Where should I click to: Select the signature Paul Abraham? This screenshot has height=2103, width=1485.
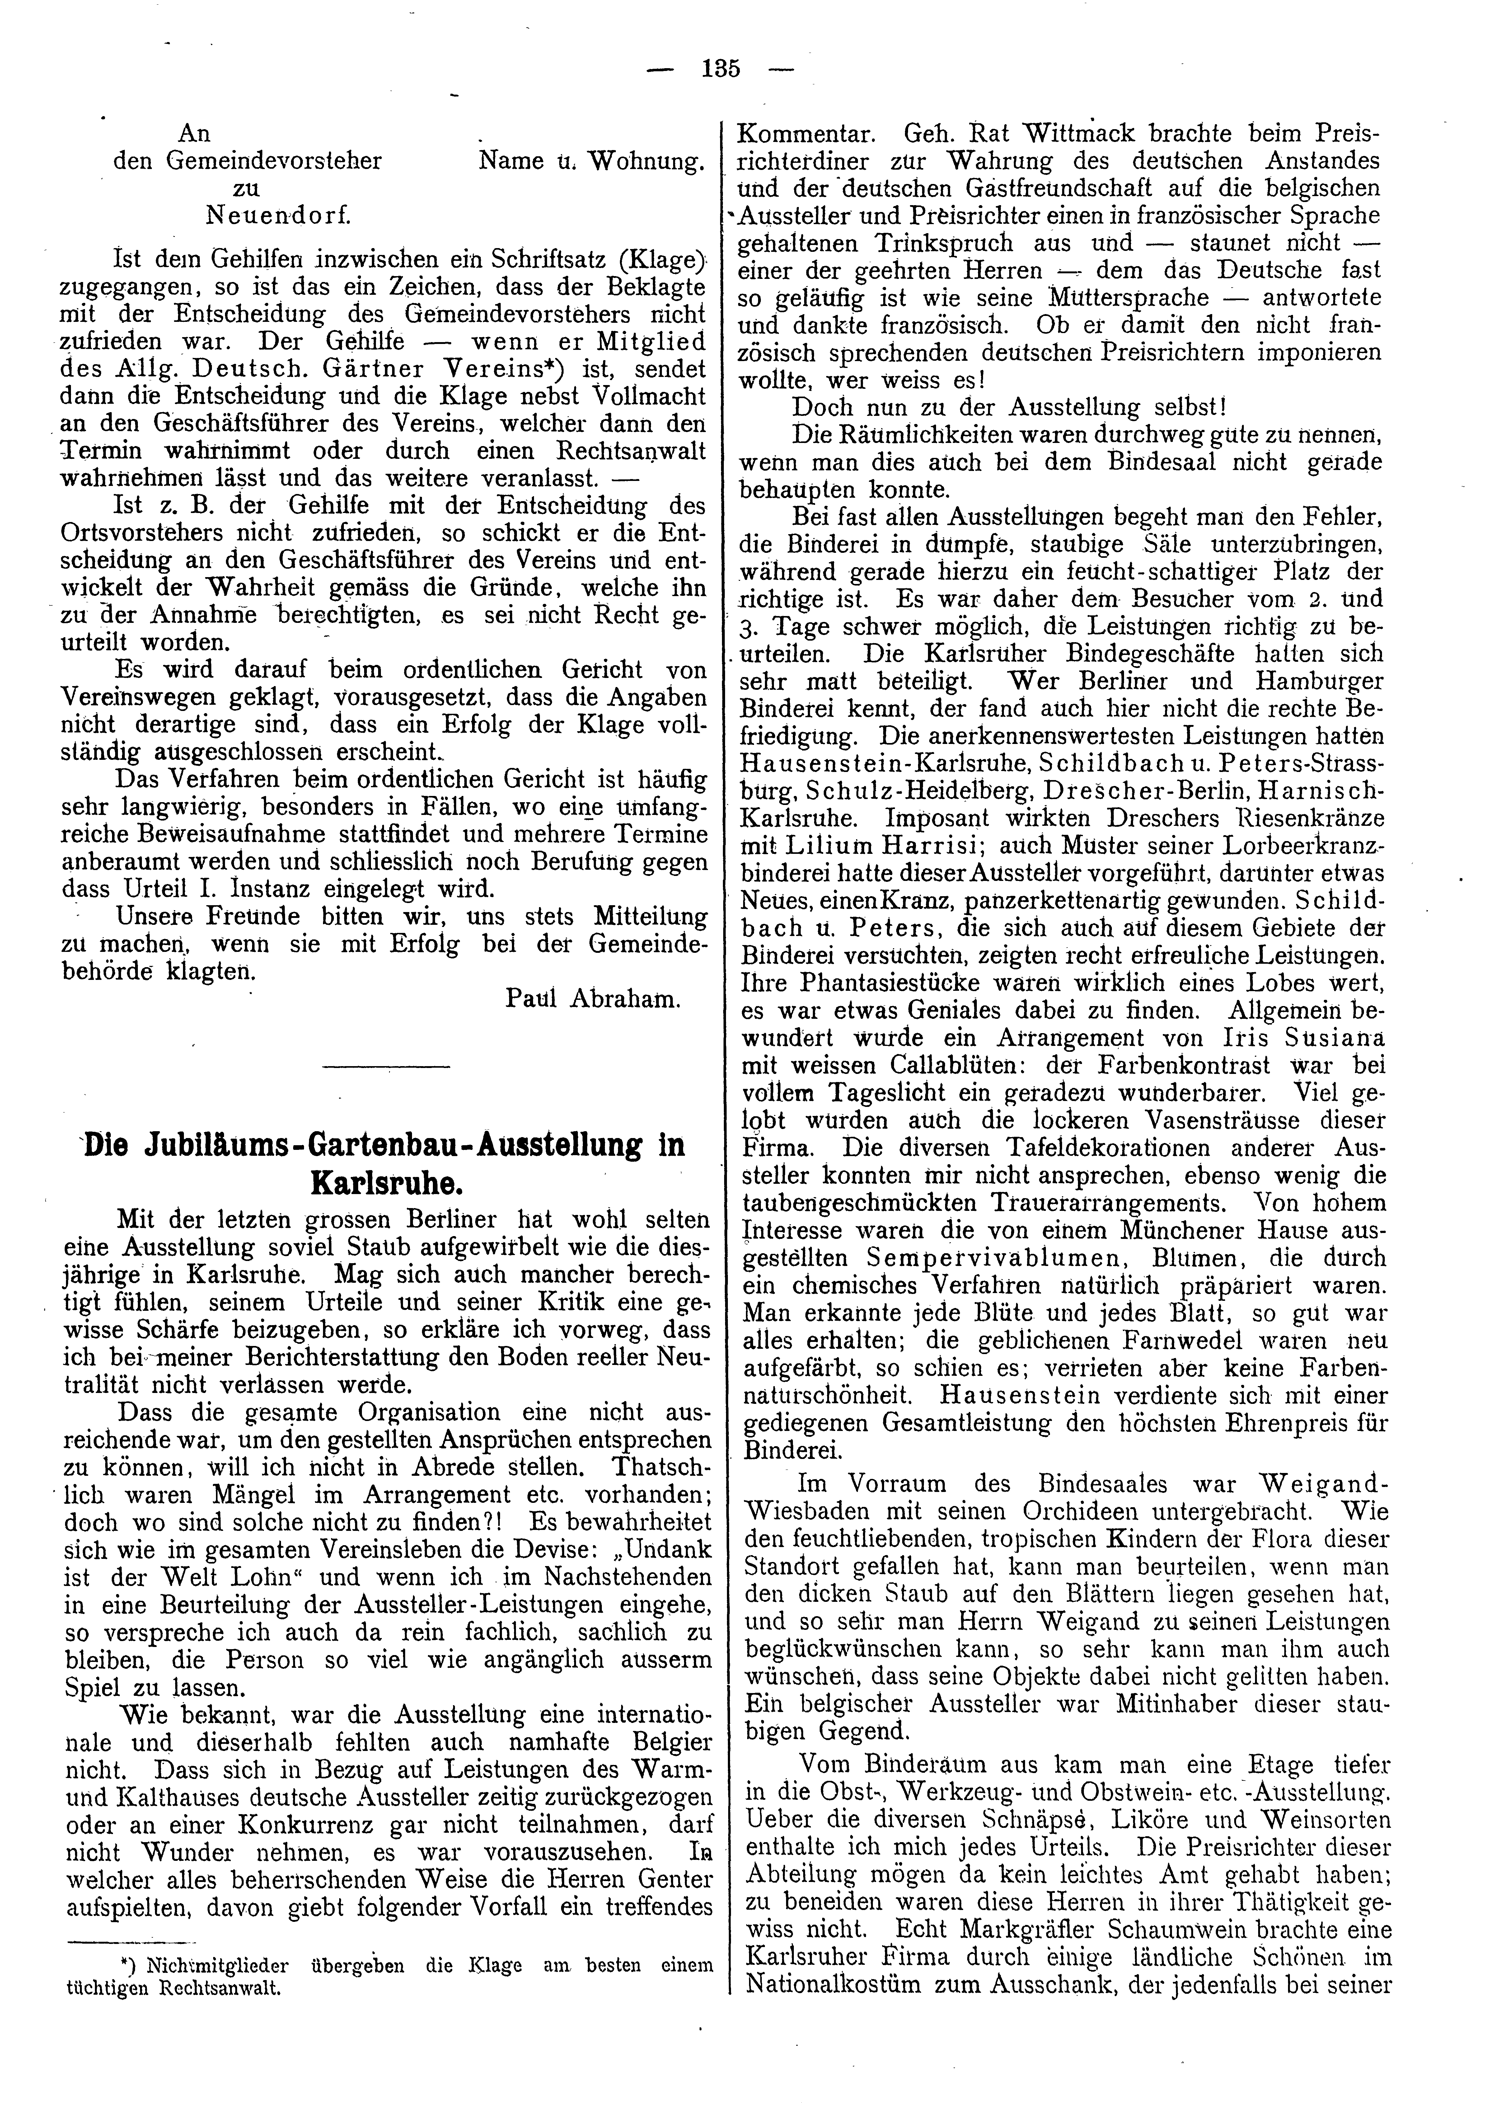[x=593, y=999]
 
